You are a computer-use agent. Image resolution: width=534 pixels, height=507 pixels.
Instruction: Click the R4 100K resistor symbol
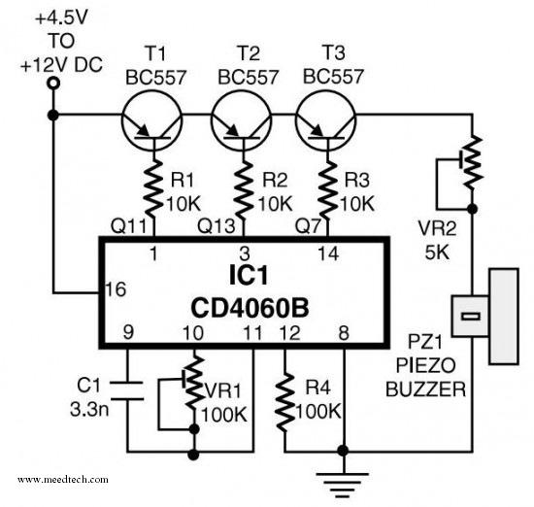pos(285,402)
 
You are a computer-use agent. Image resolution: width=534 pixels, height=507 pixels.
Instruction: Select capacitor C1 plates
pos(127,390)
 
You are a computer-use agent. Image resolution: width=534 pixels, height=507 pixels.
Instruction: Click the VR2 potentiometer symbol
pos(472,163)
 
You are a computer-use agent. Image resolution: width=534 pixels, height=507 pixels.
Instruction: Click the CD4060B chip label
pos(250,308)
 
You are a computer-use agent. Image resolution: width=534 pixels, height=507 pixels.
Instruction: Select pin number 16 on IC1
pos(116,289)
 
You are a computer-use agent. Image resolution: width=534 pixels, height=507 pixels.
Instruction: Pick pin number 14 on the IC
pos(328,253)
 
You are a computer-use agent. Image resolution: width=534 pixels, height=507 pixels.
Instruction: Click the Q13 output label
pos(217,225)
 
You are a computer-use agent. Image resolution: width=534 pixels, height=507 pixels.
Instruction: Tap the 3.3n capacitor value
pos(89,409)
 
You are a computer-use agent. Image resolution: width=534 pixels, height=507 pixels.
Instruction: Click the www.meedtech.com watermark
pos(63,480)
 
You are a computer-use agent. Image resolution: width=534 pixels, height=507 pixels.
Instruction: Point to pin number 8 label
pos(344,332)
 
